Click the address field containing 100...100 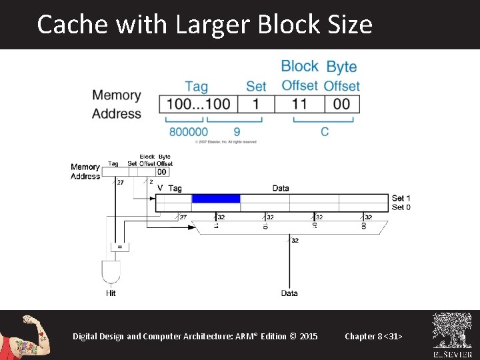coord(199,104)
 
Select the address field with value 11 coord(299,104)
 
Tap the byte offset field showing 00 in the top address coord(341,104)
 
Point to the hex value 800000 coord(188,132)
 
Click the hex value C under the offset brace coord(325,132)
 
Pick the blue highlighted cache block coord(215,199)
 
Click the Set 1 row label coord(401,198)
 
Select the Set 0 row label coord(401,207)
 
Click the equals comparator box coord(120,247)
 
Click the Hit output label coord(111,293)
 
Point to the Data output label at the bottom coord(289,293)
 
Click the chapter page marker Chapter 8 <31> coord(373,336)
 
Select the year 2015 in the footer coord(309,336)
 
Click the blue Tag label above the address coord(196,86)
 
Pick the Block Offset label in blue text coord(299,75)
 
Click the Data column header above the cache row coord(281,189)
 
